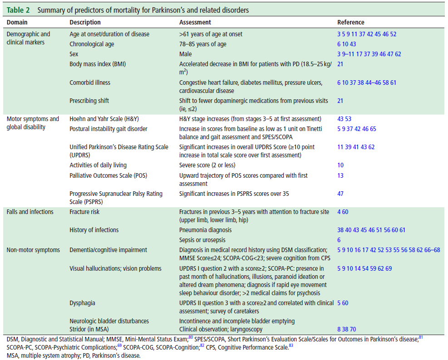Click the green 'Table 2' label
point(18,10)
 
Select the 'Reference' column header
point(350,22)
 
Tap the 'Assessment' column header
point(195,22)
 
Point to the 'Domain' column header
point(17,22)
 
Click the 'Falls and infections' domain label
point(30,212)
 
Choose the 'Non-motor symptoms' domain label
point(33,250)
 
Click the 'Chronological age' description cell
point(92,44)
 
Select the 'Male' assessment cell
point(186,54)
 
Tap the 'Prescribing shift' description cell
point(89,101)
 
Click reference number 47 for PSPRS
point(340,194)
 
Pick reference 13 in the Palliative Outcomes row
point(340,175)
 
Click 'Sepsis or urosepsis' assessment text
point(202,240)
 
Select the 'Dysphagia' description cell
point(82,303)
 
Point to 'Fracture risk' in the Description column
point(84,212)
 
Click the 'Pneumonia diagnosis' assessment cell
point(206,230)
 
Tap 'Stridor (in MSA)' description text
point(89,330)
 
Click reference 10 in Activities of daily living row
point(340,165)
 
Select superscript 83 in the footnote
point(291,345)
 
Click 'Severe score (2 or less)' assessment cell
point(207,165)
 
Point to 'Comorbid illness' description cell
point(90,83)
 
